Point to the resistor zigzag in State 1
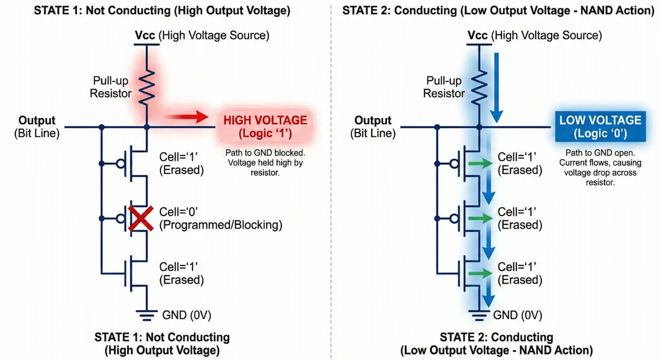[146, 87]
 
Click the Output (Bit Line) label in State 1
[37, 126]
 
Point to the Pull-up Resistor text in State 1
[111, 87]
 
